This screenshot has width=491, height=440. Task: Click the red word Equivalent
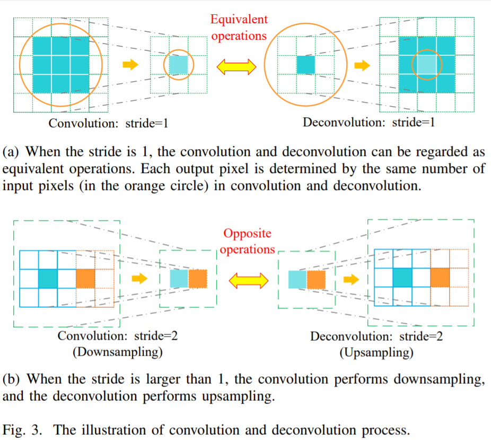point(239,20)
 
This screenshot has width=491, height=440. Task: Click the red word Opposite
point(247,234)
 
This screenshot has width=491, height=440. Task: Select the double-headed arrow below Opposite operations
point(248,280)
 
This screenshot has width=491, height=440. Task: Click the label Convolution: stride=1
point(109,123)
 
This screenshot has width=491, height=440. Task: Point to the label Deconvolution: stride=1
point(369,123)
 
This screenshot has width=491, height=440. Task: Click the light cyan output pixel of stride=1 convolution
point(179,65)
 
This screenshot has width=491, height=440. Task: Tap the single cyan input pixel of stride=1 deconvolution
point(305,65)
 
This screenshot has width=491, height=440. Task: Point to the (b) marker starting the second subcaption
point(12,379)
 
